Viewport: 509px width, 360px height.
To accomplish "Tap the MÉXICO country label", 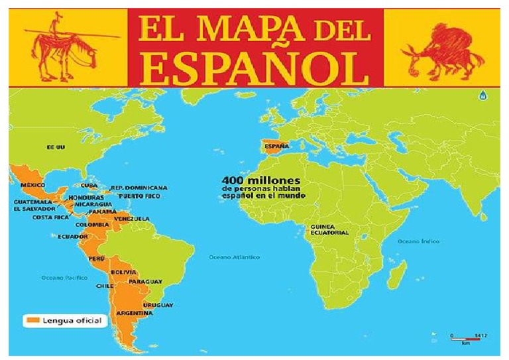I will (32, 184).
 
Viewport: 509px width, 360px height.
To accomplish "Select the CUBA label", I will (89, 186).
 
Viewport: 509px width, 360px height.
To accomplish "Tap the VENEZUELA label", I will (132, 219).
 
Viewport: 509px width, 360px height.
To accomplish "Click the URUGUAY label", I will (158, 305).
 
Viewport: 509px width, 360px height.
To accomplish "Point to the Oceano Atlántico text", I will (234, 257).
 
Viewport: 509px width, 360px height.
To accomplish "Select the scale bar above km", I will (468, 338).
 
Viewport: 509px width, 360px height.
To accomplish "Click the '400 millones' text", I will (261, 180).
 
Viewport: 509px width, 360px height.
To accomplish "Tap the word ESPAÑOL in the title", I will (256, 65).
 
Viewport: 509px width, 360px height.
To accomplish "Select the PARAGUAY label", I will (145, 282).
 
